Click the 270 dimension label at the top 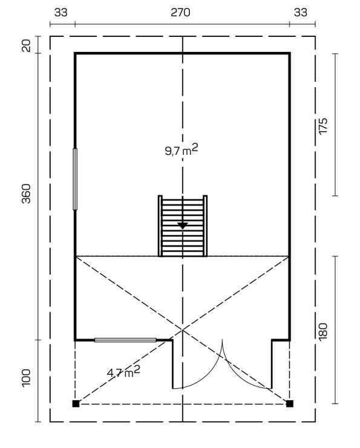click(x=180, y=13)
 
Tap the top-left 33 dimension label click(x=61, y=13)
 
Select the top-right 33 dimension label click(x=301, y=13)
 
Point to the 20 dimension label click(x=26, y=45)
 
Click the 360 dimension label click(x=26, y=193)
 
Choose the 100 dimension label click(x=26, y=378)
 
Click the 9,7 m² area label click(x=182, y=150)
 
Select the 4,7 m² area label click(x=123, y=372)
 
